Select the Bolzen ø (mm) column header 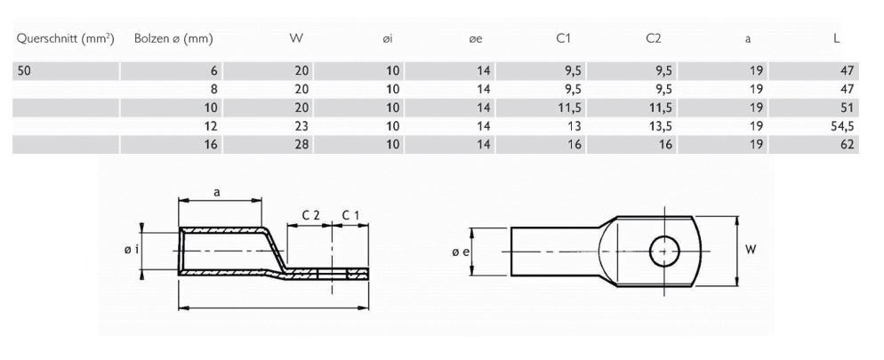pyautogui.click(x=173, y=39)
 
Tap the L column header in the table pyautogui.click(x=838, y=39)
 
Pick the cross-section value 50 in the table pyautogui.click(x=24, y=70)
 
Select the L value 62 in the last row pyautogui.click(x=847, y=145)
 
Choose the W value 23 pyautogui.click(x=303, y=126)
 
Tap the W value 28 pyautogui.click(x=303, y=145)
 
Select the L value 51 pyautogui.click(x=847, y=108)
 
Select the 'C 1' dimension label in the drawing pyautogui.click(x=350, y=215)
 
